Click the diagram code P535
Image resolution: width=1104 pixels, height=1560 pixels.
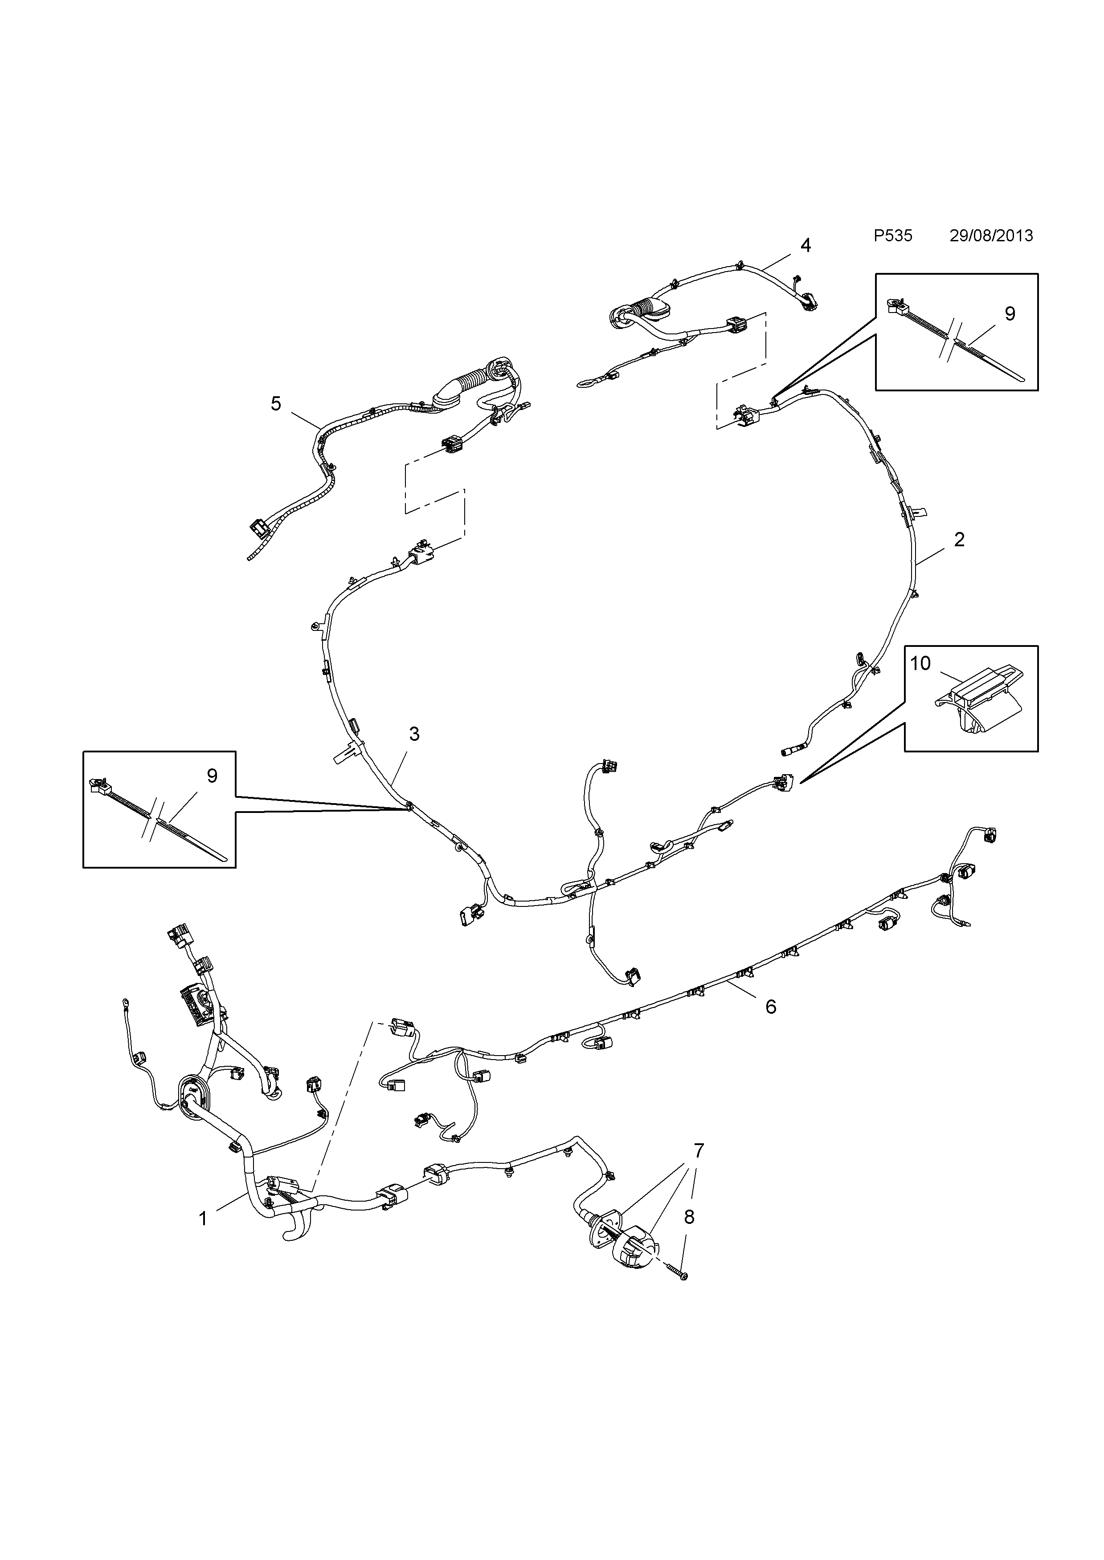[892, 236]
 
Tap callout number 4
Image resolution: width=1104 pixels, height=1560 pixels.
[806, 245]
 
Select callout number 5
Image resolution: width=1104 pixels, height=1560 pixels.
[275, 404]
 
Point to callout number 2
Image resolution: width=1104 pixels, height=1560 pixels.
[959, 540]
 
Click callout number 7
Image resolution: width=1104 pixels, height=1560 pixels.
[698, 1150]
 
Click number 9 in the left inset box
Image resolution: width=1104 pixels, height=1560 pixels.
[212, 776]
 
